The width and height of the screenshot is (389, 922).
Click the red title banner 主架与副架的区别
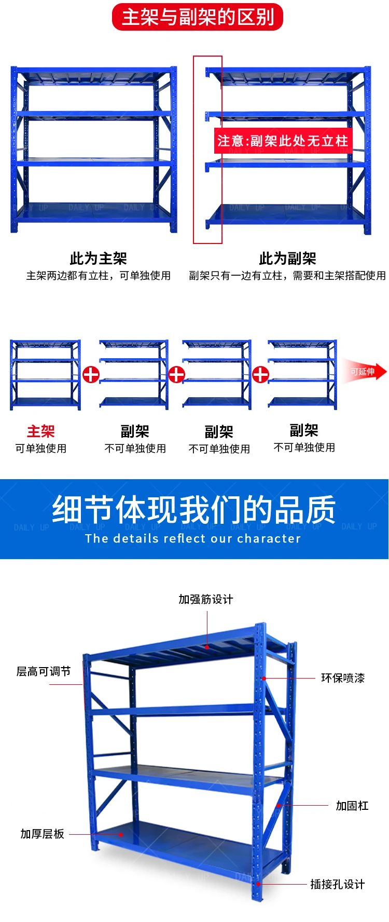[198, 17]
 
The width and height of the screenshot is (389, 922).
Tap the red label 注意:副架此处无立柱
[283, 141]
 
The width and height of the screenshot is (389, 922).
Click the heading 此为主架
[98, 258]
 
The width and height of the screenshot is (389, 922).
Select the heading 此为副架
[287, 258]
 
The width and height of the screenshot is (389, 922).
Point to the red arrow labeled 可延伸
[364, 372]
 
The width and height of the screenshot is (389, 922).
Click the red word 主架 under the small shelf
[40, 431]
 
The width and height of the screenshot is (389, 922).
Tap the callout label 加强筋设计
[206, 599]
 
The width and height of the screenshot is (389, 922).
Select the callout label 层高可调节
[44, 671]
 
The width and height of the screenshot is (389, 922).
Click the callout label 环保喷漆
[343, 677]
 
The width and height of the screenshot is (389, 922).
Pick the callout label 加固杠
[352, 805]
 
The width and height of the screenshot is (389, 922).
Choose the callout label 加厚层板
[43, 833]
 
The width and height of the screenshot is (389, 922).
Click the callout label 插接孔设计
[337, 884]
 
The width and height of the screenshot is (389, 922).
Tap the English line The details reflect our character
[193, 538]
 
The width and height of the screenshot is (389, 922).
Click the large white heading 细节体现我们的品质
[194, 510]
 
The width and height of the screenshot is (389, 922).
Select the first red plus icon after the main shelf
[91, 374]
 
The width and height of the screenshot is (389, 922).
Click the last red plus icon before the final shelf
[260, 374]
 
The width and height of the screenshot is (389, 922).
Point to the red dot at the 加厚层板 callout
[121, 834]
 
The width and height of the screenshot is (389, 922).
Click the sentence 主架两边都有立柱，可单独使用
[99, 276]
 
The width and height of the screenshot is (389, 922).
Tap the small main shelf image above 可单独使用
[46, 375]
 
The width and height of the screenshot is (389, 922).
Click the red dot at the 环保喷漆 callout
[264, 678]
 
